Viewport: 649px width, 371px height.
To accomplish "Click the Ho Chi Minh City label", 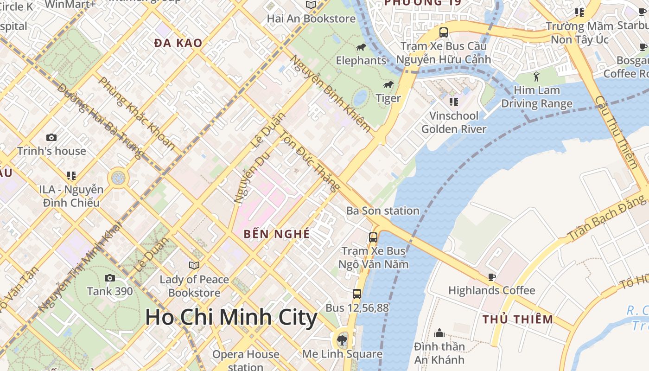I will pos(231,318).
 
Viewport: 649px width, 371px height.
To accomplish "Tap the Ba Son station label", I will pos(383,211).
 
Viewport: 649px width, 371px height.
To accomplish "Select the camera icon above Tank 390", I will pos(110,278).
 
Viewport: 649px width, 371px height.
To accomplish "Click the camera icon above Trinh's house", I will pos(51,138).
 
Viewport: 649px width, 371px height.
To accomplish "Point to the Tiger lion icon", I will pos(388,85).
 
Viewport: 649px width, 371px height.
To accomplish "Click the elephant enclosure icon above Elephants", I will pos(361,47).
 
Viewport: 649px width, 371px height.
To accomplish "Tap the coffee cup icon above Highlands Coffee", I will pos(491,277).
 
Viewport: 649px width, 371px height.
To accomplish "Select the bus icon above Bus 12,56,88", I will pos(356,294).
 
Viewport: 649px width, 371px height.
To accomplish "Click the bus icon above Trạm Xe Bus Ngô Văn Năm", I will pos(373,237).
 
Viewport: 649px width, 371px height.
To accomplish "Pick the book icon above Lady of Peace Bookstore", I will pos(194,265).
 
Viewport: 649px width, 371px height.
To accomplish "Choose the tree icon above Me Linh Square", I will pos(342,340).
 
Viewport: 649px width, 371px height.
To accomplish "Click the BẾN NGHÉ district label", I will pos(277,234).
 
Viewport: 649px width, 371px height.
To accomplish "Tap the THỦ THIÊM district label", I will pos(518,320).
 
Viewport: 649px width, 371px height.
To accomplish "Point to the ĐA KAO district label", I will pos(178,43).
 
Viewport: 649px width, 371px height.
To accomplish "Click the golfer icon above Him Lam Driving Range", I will pos(537,77).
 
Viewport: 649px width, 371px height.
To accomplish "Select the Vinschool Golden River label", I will pos(454,122).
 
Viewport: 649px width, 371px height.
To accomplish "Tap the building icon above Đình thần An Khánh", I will pos(439,333).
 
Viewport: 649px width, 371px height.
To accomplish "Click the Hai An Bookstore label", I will pos(311,19).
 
